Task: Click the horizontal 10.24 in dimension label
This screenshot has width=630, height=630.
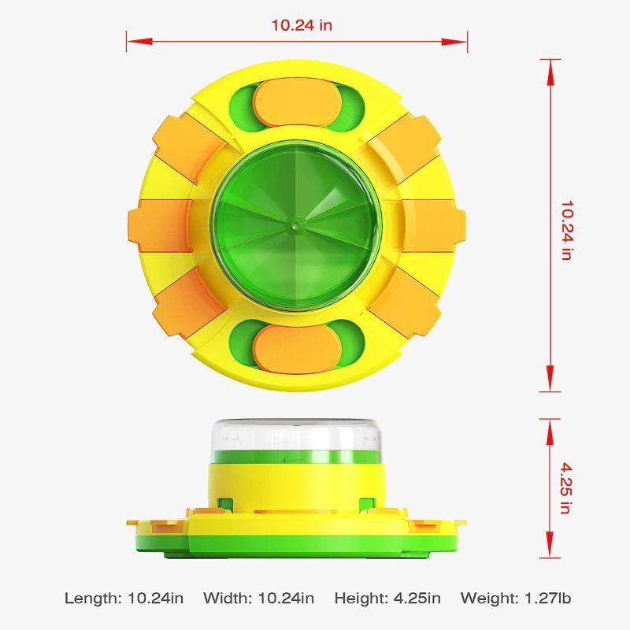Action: [x=302, y=25]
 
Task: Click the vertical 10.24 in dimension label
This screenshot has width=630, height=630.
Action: [x=567, y=231]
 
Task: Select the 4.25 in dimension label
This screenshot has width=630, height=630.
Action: [x=565, y=488]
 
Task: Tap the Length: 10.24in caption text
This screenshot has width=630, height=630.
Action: [x=124, y=598]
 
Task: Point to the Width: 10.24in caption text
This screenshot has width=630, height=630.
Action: [x=258, y=598]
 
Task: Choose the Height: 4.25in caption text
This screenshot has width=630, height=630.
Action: [x=387, y=598]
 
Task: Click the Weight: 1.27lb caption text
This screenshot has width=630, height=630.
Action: [x=516, y=598]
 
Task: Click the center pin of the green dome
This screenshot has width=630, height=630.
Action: [x=297, y=224]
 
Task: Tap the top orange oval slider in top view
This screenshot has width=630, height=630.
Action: [x=298, y=102]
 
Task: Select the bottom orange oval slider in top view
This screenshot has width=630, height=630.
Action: [x=298, y=349]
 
